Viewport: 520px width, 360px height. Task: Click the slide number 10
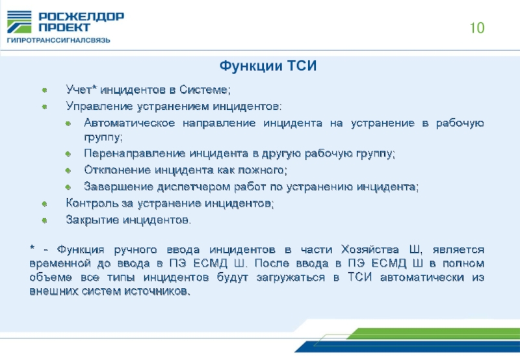477,28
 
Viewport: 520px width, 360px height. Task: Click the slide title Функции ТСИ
268,66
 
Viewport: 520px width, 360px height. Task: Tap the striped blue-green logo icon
19,22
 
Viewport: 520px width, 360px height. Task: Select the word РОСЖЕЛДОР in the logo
81,17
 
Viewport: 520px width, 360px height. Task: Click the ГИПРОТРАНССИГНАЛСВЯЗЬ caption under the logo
58,40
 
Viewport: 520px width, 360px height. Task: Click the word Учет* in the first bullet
81,90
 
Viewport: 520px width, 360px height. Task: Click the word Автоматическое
129,123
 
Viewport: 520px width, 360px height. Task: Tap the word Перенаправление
135,153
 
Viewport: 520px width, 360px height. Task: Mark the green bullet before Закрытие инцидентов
44,220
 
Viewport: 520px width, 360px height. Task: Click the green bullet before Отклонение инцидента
68,171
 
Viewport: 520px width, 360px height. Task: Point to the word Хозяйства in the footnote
370,250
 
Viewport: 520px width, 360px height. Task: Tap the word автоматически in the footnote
422,277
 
